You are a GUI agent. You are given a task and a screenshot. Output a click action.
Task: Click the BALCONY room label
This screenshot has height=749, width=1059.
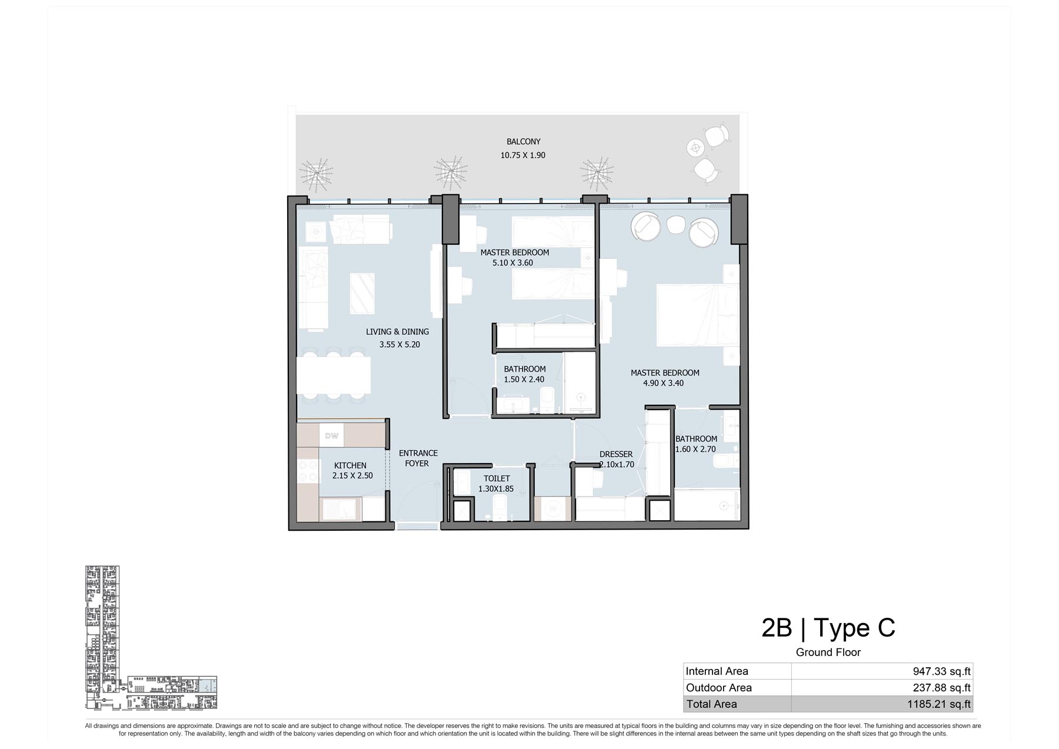coord(523,142)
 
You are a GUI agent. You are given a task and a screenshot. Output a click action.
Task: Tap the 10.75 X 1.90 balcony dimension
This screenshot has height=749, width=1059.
coord(523,155)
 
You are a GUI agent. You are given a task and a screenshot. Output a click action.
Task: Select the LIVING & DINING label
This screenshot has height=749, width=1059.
coord(397,332)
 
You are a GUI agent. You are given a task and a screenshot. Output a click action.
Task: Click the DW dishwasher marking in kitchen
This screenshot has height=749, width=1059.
coord(332,436)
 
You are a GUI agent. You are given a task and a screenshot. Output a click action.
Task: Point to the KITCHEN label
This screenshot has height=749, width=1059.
coord(350,465)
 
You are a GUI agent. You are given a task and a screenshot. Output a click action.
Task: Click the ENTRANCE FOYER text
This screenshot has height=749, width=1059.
coord(418,458)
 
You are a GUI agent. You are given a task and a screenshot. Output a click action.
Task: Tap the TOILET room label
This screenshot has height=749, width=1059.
coord(497,478)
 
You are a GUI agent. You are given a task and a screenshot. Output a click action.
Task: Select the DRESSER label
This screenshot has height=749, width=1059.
coord(616,454)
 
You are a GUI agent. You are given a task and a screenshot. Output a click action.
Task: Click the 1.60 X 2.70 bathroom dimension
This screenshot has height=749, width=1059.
coord(695,449)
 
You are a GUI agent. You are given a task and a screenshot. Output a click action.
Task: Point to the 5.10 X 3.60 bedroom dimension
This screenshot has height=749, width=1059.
coord(512,263)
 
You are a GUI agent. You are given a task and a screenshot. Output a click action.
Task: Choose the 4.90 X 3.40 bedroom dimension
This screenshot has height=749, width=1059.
coord(663,383)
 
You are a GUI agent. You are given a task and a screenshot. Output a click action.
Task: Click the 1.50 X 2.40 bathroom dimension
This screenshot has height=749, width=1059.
coord(524,380)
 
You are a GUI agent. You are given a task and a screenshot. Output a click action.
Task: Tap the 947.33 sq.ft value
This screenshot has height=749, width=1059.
coord(941,671)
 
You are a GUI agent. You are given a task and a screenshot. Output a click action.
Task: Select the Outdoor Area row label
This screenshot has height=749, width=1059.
coord(718,688)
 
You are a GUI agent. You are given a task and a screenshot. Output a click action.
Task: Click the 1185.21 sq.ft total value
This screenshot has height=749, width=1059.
coord(938,704)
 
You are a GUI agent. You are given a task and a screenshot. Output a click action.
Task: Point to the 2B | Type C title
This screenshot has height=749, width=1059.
coord(828,628)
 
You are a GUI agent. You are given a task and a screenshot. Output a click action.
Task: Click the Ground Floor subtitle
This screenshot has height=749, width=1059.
coord(828,653)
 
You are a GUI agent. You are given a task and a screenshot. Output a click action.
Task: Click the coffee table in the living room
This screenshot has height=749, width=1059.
coord(362,294)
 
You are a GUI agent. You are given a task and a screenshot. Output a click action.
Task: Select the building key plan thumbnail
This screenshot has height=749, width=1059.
coord(151,638)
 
